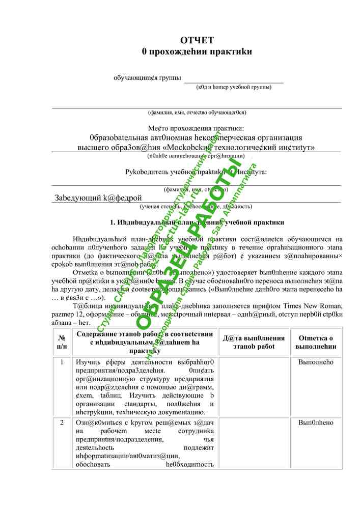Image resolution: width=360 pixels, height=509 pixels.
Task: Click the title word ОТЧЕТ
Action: [x=197, y=40]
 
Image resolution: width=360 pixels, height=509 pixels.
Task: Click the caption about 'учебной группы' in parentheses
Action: [x=234, y=87]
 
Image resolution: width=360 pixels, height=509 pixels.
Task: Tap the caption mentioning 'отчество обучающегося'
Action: [x=197, y=112]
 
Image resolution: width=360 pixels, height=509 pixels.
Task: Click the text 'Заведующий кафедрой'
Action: [x=98, y=197]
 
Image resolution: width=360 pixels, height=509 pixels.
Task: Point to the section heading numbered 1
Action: [x=197, y=222]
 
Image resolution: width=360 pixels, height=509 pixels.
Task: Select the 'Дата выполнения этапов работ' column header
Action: [x=254, y=342]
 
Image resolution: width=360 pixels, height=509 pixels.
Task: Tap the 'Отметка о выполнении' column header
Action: [x=316, y=342]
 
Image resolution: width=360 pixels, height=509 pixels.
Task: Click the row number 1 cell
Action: [x=62, y=362]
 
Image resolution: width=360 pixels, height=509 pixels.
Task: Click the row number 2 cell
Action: [x=62, y=423]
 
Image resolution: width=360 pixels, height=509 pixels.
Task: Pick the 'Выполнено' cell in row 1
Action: [x=316, y=362]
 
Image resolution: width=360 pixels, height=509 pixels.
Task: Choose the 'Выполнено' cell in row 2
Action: [x=316, y=423]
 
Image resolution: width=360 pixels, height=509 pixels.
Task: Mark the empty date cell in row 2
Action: [x=254, y=443]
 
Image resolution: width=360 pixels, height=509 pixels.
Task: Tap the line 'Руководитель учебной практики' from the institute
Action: [x=196, y=172]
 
